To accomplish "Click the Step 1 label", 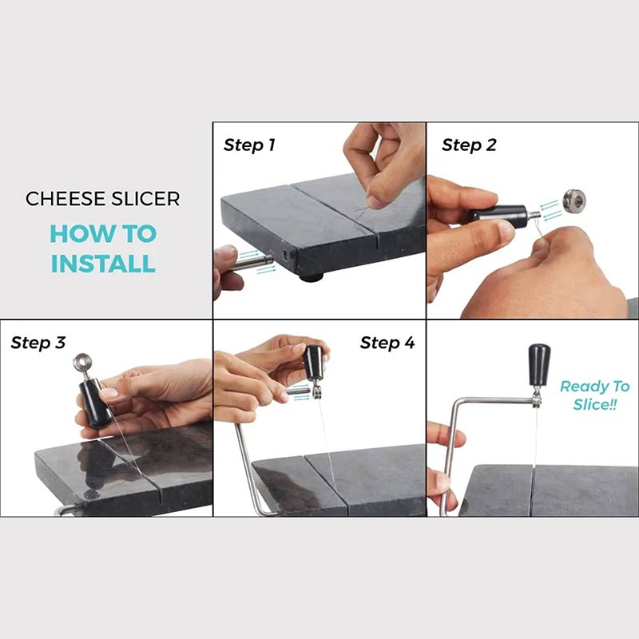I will pos(249,145).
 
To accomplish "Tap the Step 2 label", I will pos(469,145).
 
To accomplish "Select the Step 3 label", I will pos(38,343).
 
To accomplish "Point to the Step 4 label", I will pos(387,343).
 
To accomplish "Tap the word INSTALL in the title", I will pos(103,262).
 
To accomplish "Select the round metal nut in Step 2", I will pos(572,200).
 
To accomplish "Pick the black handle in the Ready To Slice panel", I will pos(538,363).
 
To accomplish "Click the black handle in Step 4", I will pos(314,364).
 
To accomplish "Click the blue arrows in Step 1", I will pos(265,270).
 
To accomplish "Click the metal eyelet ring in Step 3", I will pos(82,364).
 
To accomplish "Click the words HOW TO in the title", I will pos(103,234).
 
